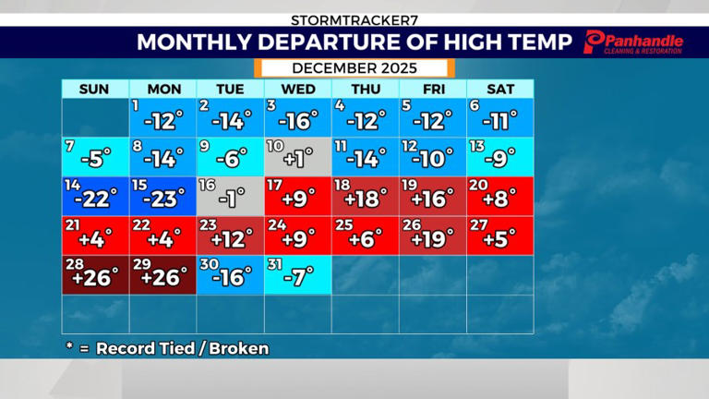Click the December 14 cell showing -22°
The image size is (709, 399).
point(95,196)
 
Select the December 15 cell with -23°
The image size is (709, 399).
point(162,196)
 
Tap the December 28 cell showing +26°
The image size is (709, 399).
point(95,275)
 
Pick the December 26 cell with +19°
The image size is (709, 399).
point(432,236)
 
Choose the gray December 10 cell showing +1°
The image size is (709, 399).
point(297,156)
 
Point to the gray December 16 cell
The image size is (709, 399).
point(230,196)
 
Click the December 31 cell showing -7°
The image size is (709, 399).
point(297,275)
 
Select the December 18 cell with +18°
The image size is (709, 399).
point(365,196)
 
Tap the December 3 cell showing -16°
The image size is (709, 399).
point(297,117)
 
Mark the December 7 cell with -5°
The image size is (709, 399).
point(95,156)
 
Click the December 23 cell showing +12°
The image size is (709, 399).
point(230,236)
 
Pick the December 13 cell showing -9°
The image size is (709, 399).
point(499,156)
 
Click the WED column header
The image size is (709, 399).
point(297,89)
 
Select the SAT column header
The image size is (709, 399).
point(499,89)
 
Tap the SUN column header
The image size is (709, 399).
point(95,89)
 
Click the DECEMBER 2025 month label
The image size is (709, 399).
point(354,68)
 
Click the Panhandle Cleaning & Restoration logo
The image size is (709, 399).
point(634,42)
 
